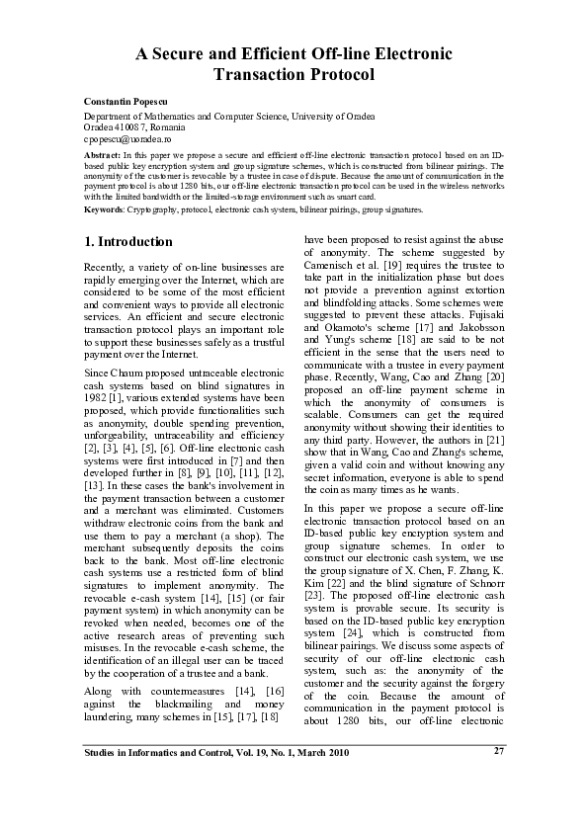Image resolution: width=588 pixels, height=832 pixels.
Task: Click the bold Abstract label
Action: (102, 156)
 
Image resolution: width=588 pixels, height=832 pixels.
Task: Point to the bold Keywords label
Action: (104, 209)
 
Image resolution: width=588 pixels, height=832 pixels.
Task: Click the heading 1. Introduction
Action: (128, 241)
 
